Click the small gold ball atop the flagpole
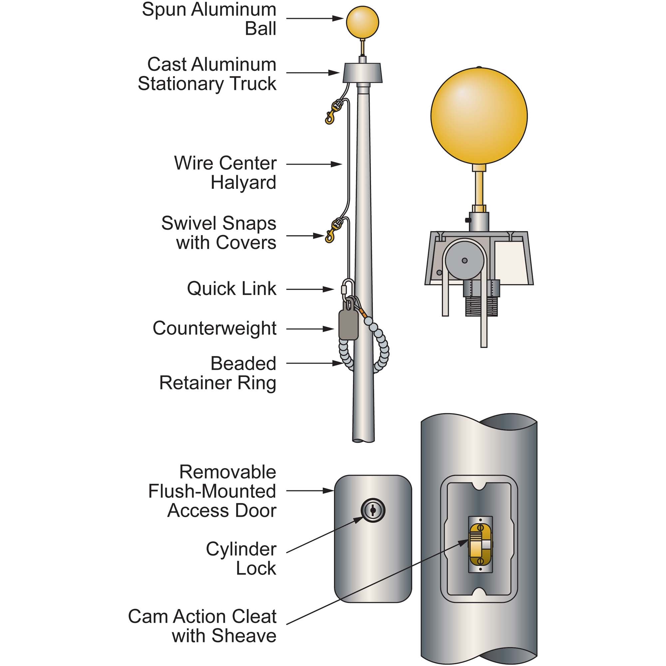click(362, 22)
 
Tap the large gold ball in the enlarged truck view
click(479, 116)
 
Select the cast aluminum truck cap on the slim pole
click(362, 73)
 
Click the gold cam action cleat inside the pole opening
click(481, 545)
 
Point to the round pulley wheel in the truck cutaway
click(464, 261)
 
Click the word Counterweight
click(214, 328)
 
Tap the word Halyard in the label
click(243, 182)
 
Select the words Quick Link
click(232, 288)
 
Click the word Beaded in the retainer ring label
click(243, 363)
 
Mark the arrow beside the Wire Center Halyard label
click(314, 165)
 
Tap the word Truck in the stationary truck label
click(253, 84)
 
